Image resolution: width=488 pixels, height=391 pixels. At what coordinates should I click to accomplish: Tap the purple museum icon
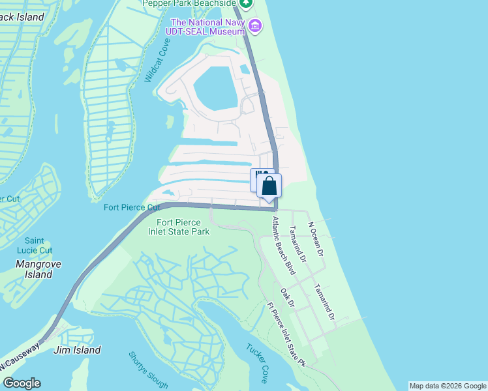pos(255,26)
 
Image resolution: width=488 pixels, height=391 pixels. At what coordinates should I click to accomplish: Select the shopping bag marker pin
pos(269,186)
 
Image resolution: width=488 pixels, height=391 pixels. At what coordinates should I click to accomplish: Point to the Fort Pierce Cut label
pos(132,208)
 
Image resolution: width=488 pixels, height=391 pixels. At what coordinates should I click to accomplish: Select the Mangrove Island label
pos(35,270)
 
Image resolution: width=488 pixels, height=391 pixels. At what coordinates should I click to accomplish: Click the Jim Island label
pos(77,350)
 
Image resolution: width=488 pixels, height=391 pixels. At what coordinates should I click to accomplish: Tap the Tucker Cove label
pos(256,364)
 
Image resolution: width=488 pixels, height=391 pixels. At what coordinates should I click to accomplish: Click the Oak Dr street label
pos(288,298)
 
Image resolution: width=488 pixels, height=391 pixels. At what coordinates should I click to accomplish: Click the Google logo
pos(22,383)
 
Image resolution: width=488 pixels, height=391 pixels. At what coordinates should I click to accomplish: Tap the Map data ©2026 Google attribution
pos(448,386)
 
